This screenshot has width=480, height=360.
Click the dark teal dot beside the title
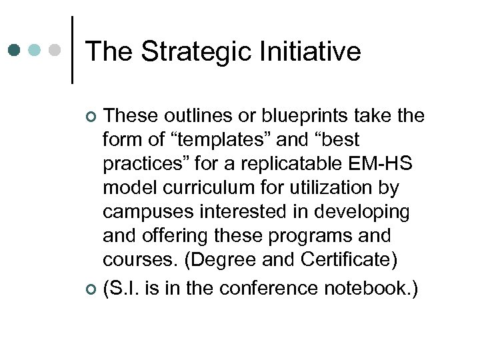tap(15, 50)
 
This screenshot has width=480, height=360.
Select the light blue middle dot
tap(35, 50)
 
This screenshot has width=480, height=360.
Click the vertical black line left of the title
tap(72, 50)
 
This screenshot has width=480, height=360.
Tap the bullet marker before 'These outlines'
tap(91, 117)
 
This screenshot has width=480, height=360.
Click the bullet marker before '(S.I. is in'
tap(91, 289)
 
